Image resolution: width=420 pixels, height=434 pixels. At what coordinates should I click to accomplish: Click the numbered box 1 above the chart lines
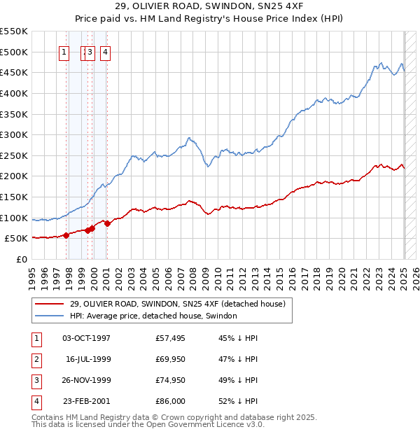[x=64, y=51]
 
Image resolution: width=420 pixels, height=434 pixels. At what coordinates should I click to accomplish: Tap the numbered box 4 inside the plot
[x=105, y=51]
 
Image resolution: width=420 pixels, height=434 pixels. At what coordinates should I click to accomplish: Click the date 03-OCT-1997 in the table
[x=87, y=338]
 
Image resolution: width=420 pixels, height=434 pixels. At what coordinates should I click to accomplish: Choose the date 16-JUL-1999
[x=88, y=359]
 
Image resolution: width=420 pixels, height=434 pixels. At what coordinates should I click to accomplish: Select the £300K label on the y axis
[x=14, y=134]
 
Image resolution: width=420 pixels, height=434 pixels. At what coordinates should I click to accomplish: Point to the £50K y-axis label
[x=17, y=238]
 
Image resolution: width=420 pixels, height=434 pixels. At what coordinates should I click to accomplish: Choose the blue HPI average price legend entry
[x=153, y=316]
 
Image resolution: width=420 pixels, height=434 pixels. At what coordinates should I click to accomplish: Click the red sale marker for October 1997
[x=66, y=235]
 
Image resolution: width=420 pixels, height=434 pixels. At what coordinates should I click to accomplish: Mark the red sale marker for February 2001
[x=107, y=223]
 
